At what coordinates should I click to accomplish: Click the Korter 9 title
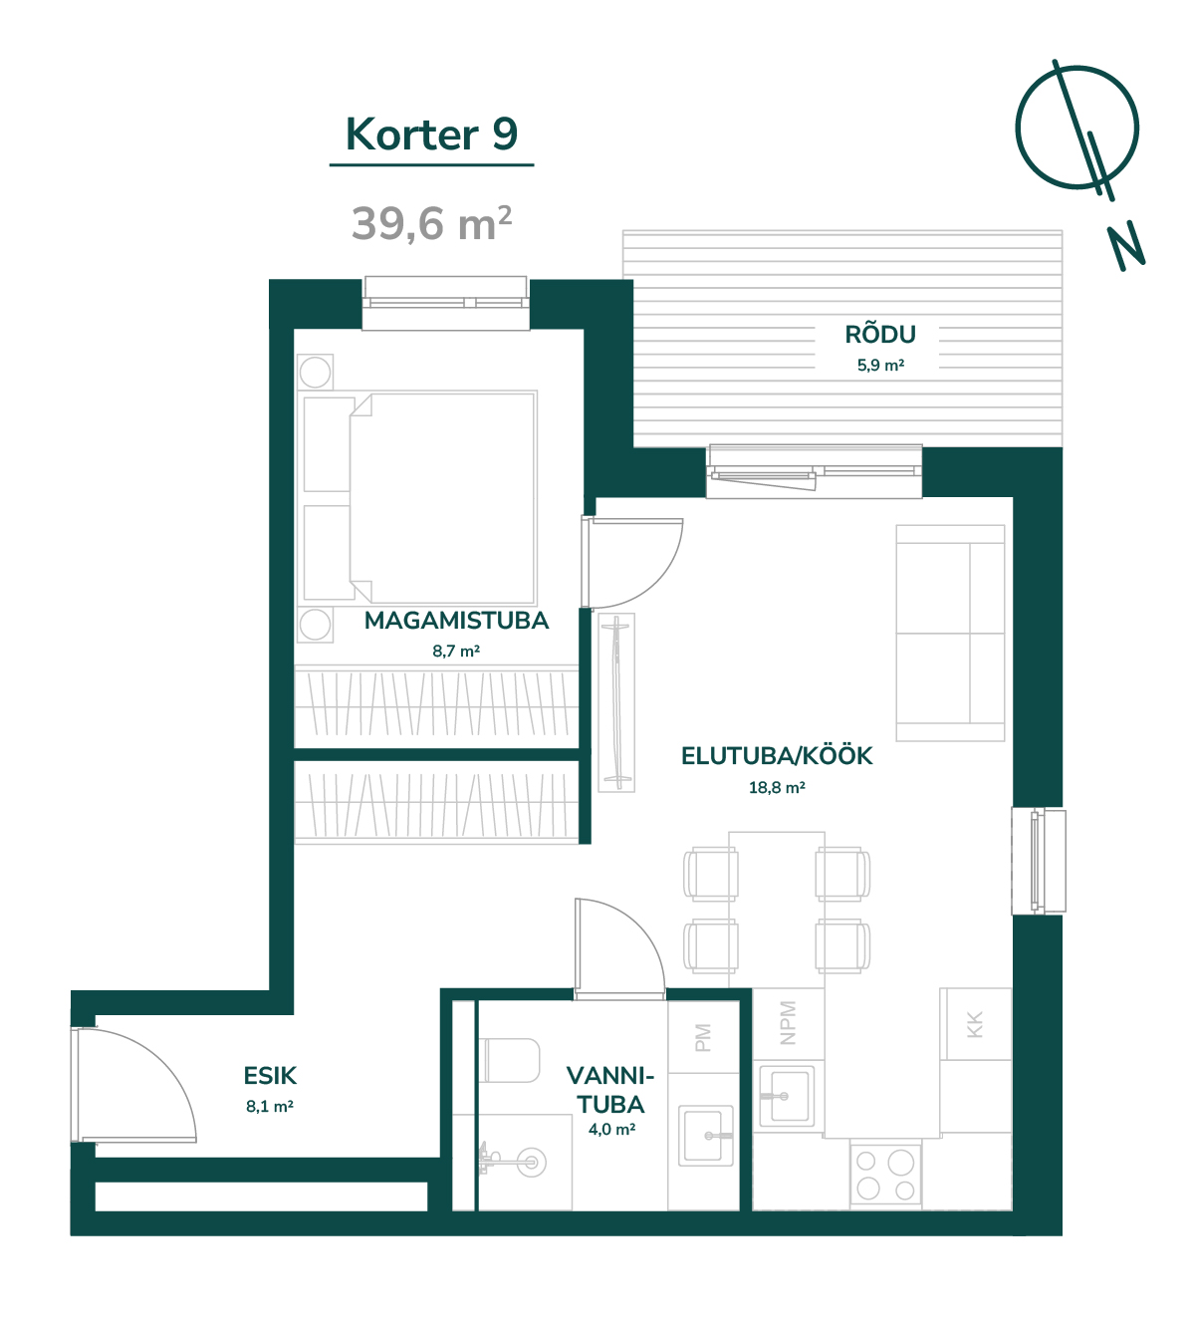pos(431,134)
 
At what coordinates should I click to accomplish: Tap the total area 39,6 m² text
pos(431,223)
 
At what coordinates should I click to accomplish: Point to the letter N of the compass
pos(1126,245)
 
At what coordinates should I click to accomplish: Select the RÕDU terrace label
pos(880,335)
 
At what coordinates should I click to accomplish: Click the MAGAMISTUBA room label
pos(456,621)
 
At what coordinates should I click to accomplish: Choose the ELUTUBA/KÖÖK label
pos(777,756)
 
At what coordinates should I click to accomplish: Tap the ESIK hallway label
pos(270,1076)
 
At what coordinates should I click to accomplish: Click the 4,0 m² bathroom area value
pos(611,1129)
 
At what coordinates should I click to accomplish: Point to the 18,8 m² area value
pos(777,787)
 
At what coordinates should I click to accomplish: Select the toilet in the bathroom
pos(510,1061)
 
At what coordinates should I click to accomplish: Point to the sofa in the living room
pos(950,634)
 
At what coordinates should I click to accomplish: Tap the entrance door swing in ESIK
pos(135,1085)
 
